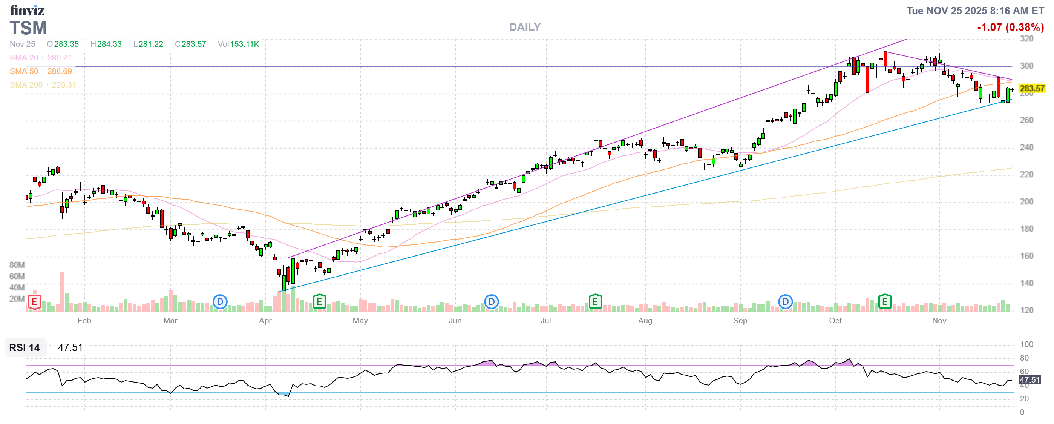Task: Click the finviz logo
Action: tap(27, 10)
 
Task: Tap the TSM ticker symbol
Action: tap(28, 28)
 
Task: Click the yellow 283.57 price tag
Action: tap(1031, 88)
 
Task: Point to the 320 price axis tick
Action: tap(1026, 39)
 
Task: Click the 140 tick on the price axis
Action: tap(1026, 283)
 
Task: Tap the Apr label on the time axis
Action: tap(265, 321)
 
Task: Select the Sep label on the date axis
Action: tap(740, 321)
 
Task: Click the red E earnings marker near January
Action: tap(34, 303)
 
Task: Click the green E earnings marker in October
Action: tap(885, 302)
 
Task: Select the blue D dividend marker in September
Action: tap(785, 302)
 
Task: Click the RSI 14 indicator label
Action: tap(25, 348)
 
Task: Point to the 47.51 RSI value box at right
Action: tap(1029, 380)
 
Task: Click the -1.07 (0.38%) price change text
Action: tap(1010, 28)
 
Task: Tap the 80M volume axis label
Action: tap(17, 265)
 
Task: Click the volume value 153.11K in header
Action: tap(244, 44)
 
